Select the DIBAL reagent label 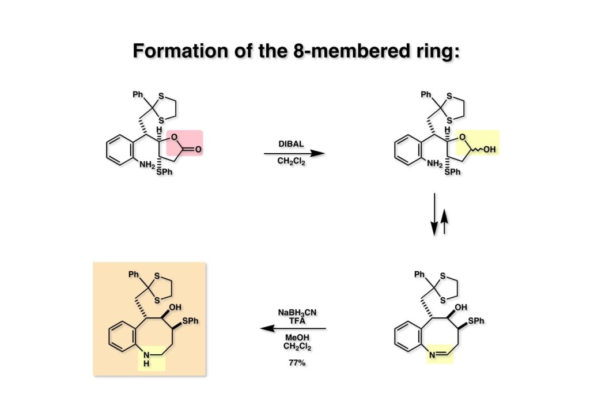click(x=293, y=143)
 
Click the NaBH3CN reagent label click(x=297, y=312)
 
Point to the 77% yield click(x=297, y=363)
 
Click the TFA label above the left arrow click(x=297, y=320)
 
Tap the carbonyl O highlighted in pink click(x=198, y=149)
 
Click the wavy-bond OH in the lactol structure click(x=490, y=149)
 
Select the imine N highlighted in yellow click(x=432, y=355)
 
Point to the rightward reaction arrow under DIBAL click(x=294, y=154)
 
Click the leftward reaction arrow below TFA click(x=294, y=329)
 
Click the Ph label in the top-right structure click(x=426, y=94)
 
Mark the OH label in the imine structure click(x=461, y=308)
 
